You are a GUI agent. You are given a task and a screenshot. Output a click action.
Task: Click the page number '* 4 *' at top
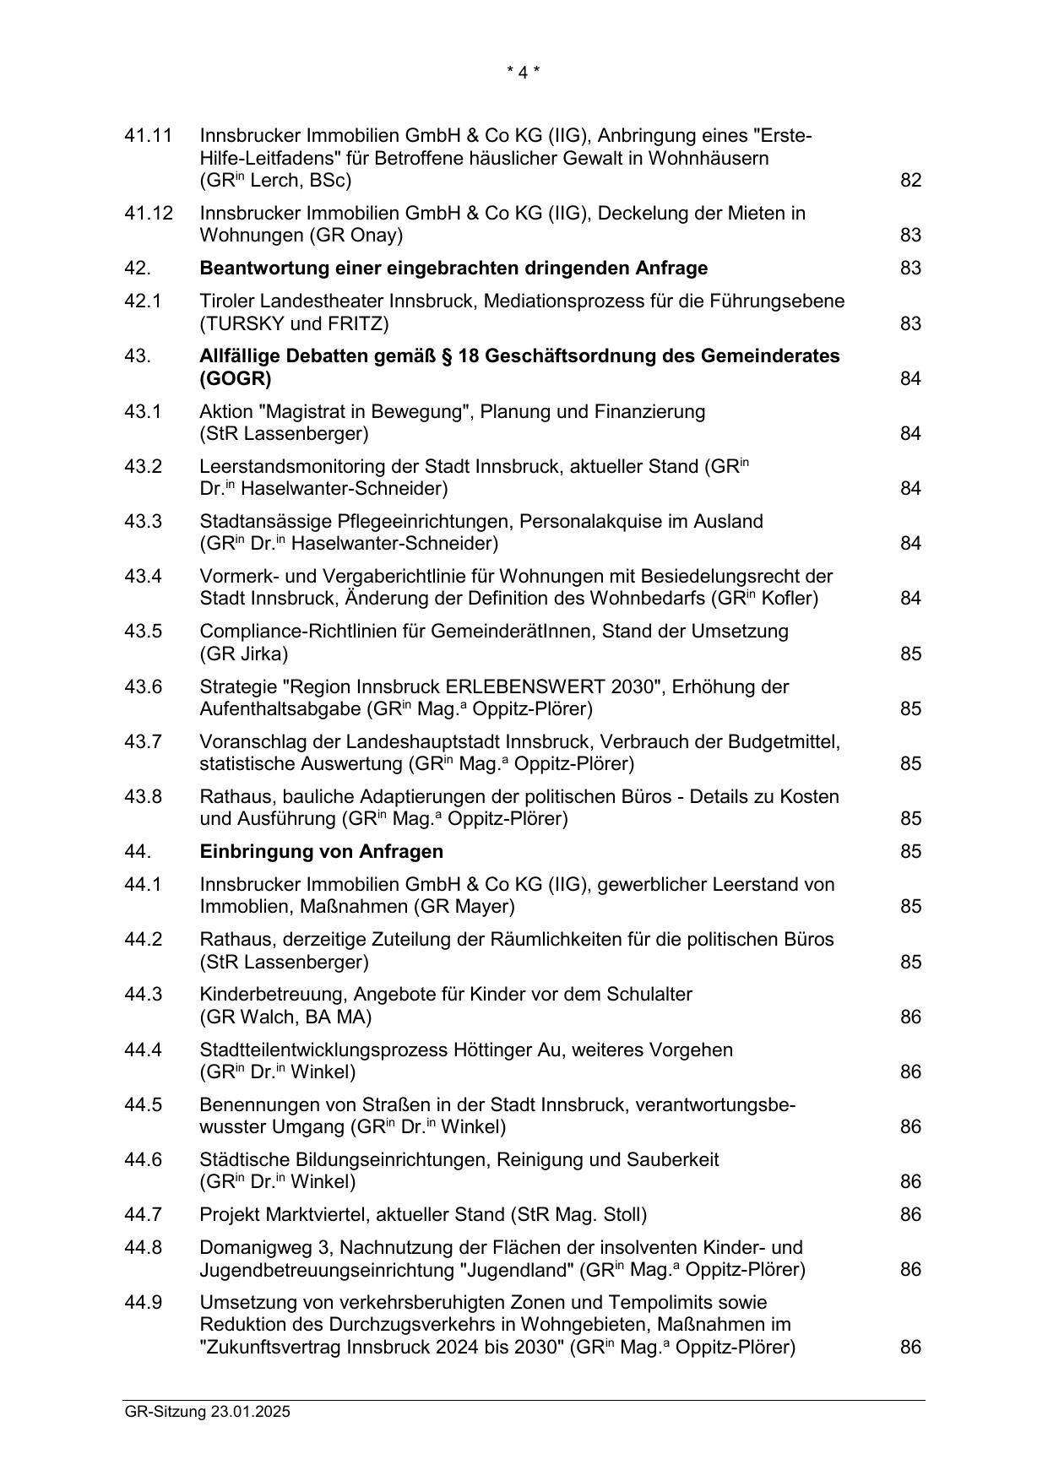point(523,73)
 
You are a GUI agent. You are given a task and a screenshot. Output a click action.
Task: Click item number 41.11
point(148,136)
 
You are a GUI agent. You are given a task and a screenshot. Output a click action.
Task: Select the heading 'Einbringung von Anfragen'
point(321,851)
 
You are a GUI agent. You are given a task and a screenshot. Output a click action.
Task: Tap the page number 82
point(910,180)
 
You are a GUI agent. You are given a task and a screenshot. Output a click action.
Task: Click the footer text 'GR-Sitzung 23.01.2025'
point(207,1411)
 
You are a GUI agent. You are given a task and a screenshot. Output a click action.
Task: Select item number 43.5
point(143,632)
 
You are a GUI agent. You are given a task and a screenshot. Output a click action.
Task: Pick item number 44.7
point(143,1214)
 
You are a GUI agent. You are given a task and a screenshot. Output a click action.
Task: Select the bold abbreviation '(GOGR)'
point(235,378)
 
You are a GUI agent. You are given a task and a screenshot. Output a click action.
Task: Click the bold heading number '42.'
point(138,269)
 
